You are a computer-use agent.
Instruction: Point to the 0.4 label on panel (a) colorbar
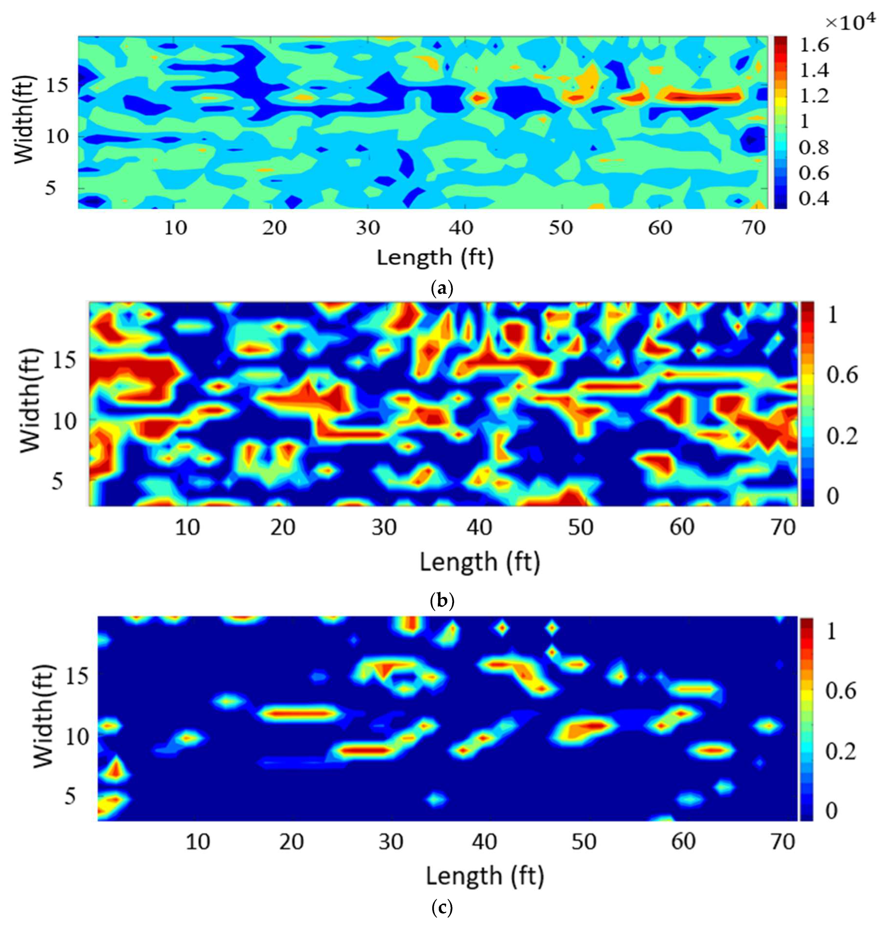(x=814, y=198)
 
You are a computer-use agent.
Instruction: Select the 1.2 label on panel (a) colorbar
(x=814, y=96)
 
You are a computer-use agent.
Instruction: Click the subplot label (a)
(x=442, y=288)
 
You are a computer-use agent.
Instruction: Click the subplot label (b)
(x=442, y=601)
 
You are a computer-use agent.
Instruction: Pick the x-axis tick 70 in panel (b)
(x=783, y=527)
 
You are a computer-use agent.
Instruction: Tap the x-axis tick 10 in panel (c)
(x=198, y=841)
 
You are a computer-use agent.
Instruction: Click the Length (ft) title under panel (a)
(x=435, y=258)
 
